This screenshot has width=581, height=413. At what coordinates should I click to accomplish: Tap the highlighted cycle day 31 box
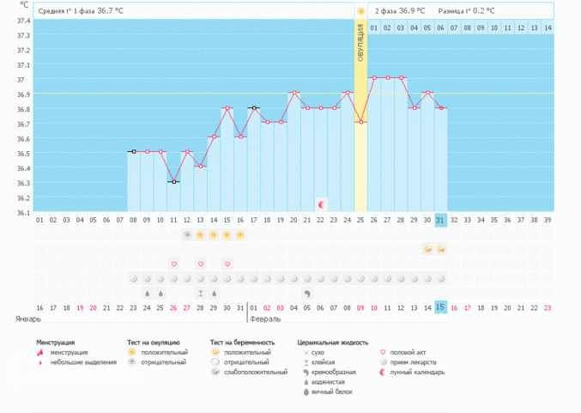pyautogui.click(x=441, y=220)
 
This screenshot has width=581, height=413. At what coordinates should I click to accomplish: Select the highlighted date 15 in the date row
pyautogui.click(x=441, y=307)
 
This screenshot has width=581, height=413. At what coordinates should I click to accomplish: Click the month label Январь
pyautogui.click(x=27, y=319)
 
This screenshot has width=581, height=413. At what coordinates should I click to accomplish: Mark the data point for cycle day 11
pyautogui.click(x=173, y=182)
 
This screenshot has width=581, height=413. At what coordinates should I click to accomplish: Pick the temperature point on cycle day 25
pyautogui.click(x=360, y=122)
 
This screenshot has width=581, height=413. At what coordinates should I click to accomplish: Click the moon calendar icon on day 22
pyautogui.click(x=321, y=204)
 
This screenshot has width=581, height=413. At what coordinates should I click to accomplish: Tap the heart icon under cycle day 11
pyautogui.click(x=173, y=264)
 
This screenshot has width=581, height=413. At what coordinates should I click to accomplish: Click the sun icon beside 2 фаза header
pyautogui.click(x=360, y=11)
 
